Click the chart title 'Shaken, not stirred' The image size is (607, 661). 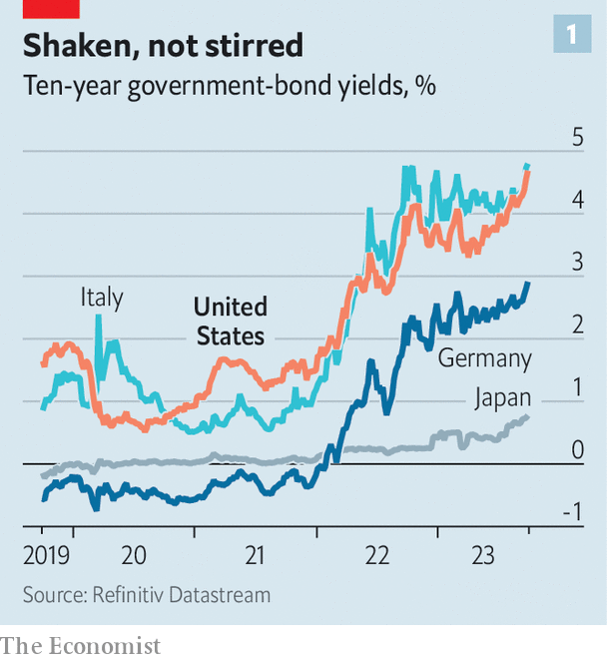(x=164, y=46)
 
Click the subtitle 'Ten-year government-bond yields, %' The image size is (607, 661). (x=229, y=87)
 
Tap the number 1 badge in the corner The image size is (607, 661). (x=571, y=34)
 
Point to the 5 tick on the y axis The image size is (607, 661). (x=577, y=137)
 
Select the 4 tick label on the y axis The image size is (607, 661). (x=577, y=200)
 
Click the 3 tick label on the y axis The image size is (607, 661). (x=577, y=263)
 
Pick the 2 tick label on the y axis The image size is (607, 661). (x=577, y=325)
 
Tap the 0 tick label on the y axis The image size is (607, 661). (x=577, y=450)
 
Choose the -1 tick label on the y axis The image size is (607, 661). (x=572, y=512)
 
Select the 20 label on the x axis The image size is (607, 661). (x=133, y=555)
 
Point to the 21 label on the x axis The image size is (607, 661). (x=255, y=555)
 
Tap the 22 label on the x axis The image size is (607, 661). (x=376, y=555)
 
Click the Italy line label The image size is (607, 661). (x=102, y=298)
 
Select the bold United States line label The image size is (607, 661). (x=230, y=321)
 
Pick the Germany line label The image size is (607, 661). (x=484, y=358)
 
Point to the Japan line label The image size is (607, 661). (x=502, y=397)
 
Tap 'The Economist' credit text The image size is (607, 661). (x=81, y=646)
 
